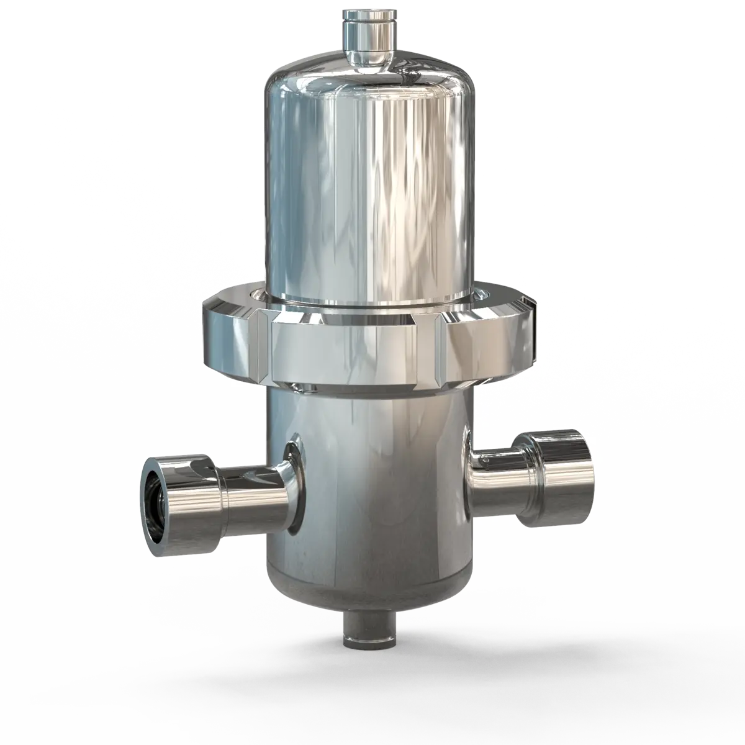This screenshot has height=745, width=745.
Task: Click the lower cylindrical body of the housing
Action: coord(372,484)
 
